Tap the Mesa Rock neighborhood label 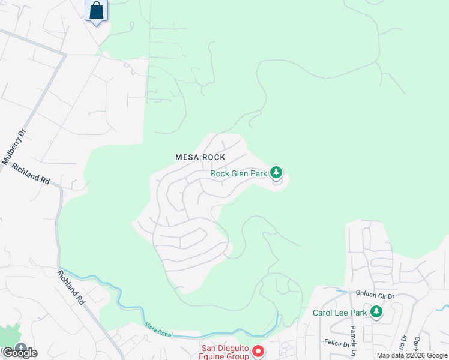coord(200,157)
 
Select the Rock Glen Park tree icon coord(276,173)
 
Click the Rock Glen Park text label coord(238,174)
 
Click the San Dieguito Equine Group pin coord(258,352)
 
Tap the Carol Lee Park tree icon coord(376,312)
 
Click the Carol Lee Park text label coord(339,313)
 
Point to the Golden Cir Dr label coord(374,295)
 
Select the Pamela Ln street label coord(354,340)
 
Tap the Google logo coord(19,353)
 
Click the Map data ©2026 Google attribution coord(412,355)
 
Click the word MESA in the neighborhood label coord(186,157)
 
